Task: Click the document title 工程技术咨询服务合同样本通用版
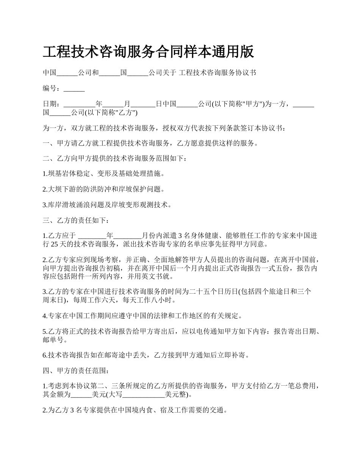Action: tap(148, 52)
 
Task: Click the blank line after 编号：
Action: tap(74, 89)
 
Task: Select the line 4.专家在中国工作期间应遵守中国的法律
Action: tap(142, 316)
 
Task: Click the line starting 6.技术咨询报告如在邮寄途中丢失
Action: tap(146, 355)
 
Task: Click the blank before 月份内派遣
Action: tap(127, 236)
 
